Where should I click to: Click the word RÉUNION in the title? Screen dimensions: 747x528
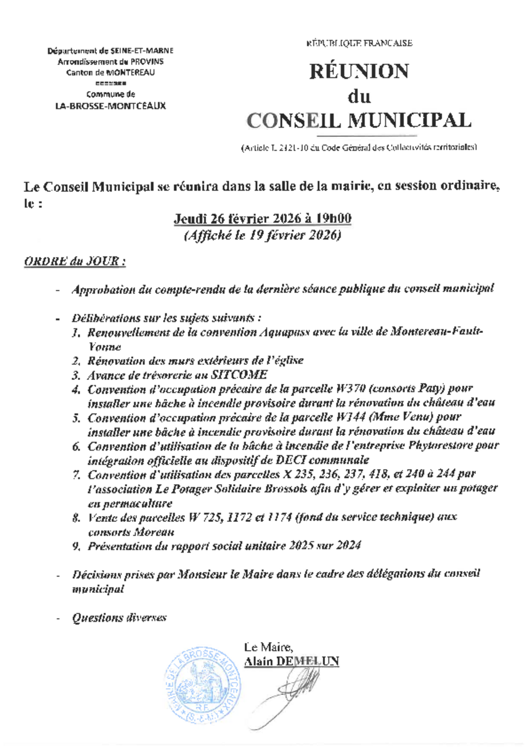click(x=360, y=72)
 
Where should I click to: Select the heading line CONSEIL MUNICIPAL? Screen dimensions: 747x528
click(x=360, y=119)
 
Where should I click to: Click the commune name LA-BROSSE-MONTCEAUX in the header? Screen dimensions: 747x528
click(x=106, y=106)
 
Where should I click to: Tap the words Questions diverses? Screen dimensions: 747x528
click(x=119, y=618)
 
